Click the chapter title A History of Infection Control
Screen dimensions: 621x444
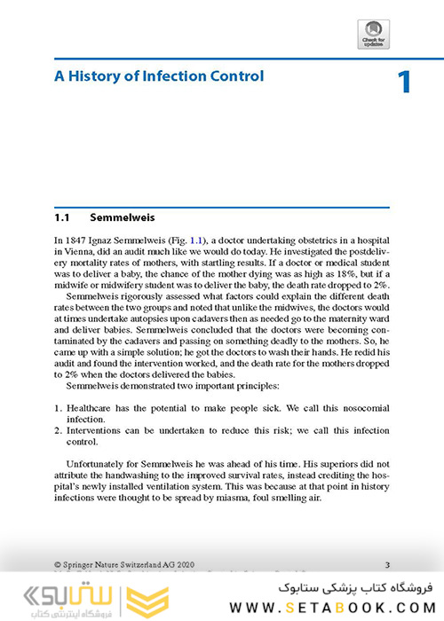pos(159,76)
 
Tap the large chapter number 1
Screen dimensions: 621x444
pos(404,83)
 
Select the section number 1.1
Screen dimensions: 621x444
pos(64,216)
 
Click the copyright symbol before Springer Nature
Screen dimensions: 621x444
pos(58,563)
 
